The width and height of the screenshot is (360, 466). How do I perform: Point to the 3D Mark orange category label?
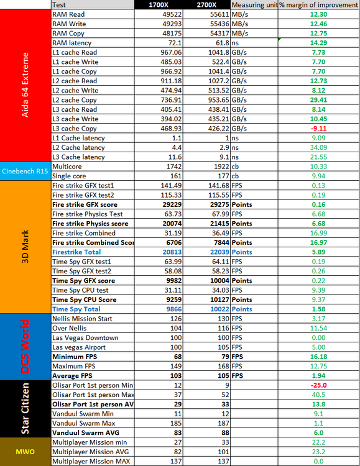tap(26, 247)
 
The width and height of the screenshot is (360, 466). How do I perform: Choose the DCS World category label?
tap(26, 347)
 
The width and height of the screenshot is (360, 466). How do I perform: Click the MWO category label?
tap(26, 452)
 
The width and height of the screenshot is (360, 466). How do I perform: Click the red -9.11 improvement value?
tap(317, 129)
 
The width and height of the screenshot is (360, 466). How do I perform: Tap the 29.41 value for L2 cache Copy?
tap(317, 100)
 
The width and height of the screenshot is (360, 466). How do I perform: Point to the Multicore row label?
tap(69, 167)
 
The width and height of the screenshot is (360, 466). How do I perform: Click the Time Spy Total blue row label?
tap(76, 309)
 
